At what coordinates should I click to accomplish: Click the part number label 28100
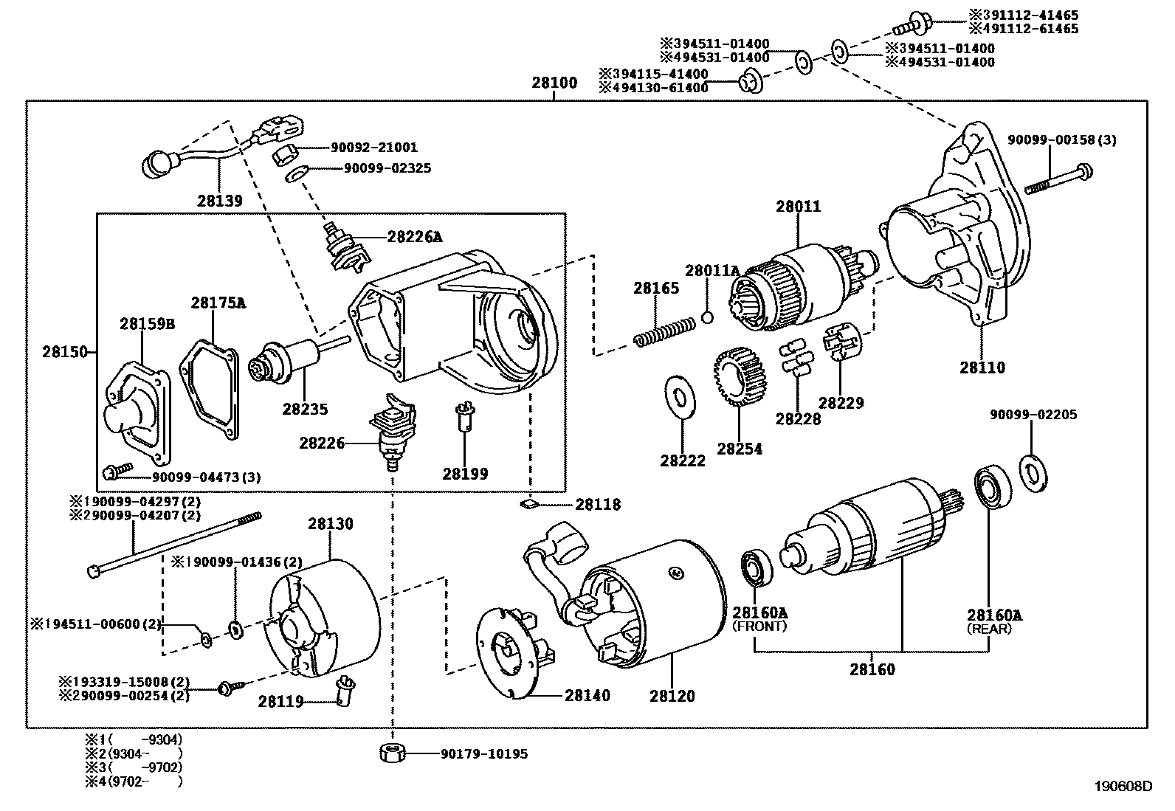pos(554,82)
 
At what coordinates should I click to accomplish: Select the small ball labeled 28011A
pos(707,317)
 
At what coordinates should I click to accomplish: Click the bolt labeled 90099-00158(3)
pos(1058,179)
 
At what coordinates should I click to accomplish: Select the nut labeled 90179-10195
pos(392,753)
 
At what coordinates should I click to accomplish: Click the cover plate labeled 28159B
pos(136,407)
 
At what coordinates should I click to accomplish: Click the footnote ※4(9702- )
pos(133,781)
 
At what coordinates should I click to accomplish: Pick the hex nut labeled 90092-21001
pos(286,155)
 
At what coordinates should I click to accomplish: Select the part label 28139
pos(219,200)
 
